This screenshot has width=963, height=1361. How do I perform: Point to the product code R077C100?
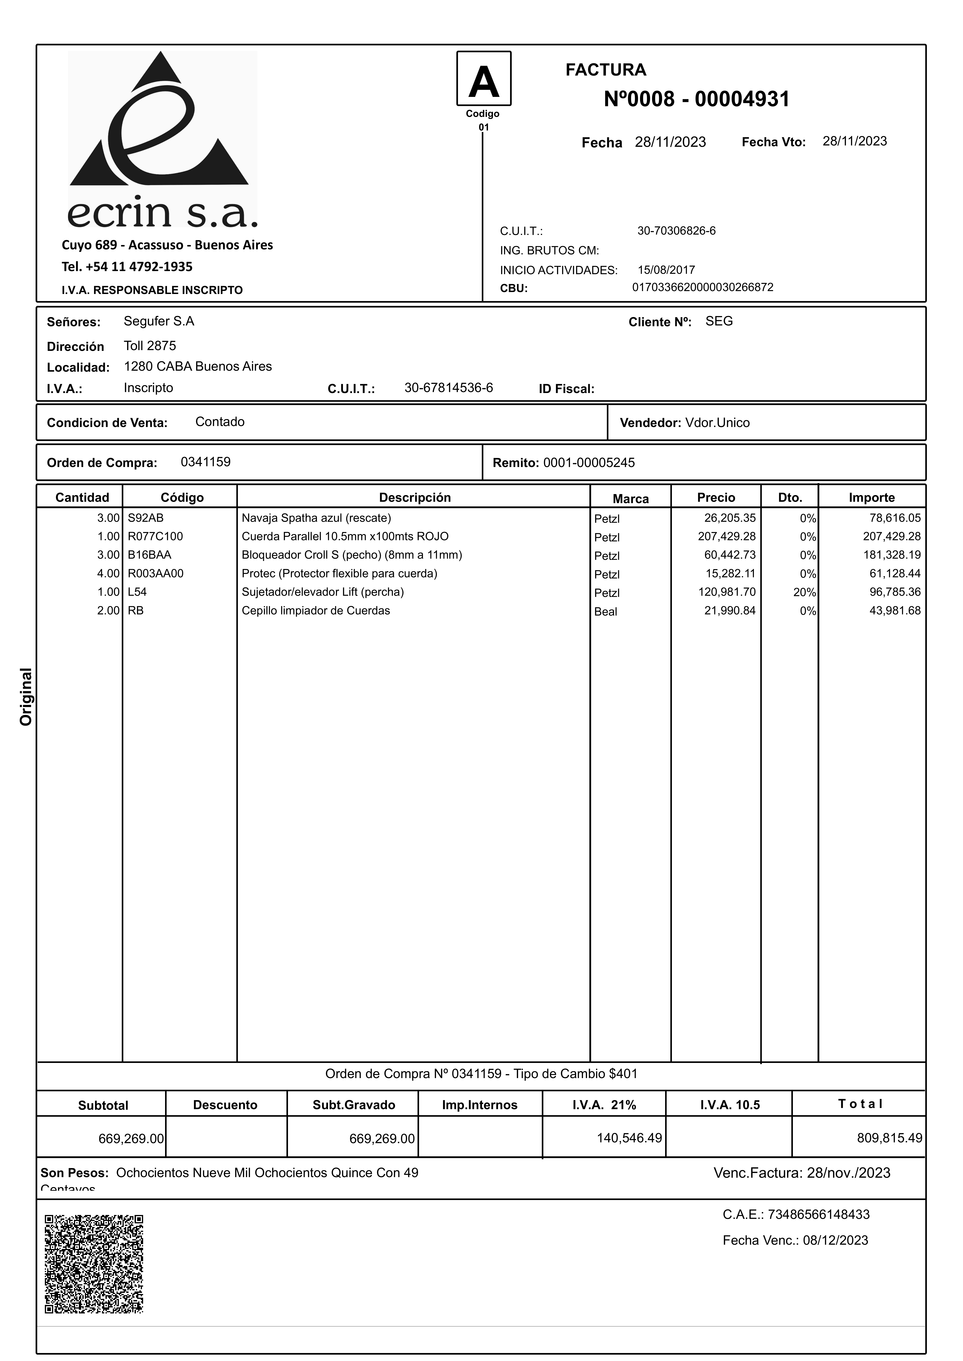pos(155,537)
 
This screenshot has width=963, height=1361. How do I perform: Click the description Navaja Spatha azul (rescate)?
pos(316,518)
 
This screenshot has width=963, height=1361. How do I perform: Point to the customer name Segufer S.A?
pos(159,321)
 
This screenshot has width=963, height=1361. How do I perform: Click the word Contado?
pos(220,422)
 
